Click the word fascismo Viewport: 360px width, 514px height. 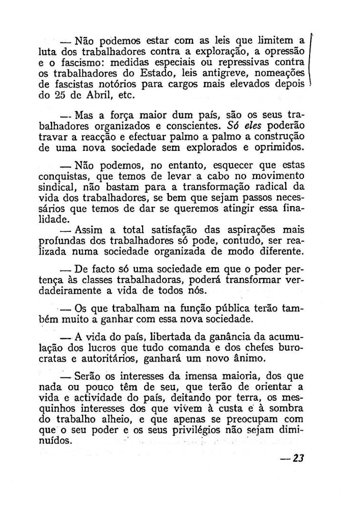pos(66,62)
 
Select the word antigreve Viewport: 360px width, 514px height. pos(223,73)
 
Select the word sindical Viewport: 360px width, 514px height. pos(55,187)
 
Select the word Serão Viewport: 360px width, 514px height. pos(88,376)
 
